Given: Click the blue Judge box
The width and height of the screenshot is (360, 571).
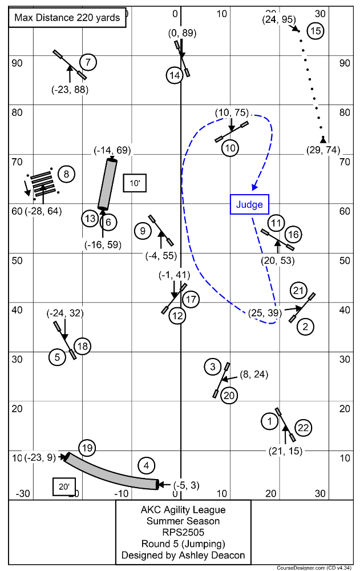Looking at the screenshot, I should tap(249, 204).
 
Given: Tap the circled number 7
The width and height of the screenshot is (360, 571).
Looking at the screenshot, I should tap(87, 62).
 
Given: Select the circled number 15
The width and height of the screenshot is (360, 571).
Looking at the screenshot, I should tap(315, 31).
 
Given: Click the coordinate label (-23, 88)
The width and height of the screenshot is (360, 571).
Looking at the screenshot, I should tap(70, 89).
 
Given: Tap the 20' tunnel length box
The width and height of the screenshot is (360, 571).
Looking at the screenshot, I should tap(63, 486).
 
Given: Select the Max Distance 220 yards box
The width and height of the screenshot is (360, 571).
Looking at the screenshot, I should tap(67, 17).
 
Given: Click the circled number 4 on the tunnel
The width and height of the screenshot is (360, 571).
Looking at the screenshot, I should tap(147, 466).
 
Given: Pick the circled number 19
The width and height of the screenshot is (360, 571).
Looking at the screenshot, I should tap(86, 448).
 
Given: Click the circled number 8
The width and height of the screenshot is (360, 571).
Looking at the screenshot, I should tap(66, 174).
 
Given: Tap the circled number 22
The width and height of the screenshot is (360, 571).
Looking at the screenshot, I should tap(303, 428).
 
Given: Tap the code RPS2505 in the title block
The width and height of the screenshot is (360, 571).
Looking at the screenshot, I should tap(183, 532).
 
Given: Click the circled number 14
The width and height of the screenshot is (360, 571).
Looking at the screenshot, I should tap(175, 75).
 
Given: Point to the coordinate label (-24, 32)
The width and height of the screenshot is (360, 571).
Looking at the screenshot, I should tap(64, 313).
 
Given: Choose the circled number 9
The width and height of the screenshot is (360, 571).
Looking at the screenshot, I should tap(143, 231).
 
